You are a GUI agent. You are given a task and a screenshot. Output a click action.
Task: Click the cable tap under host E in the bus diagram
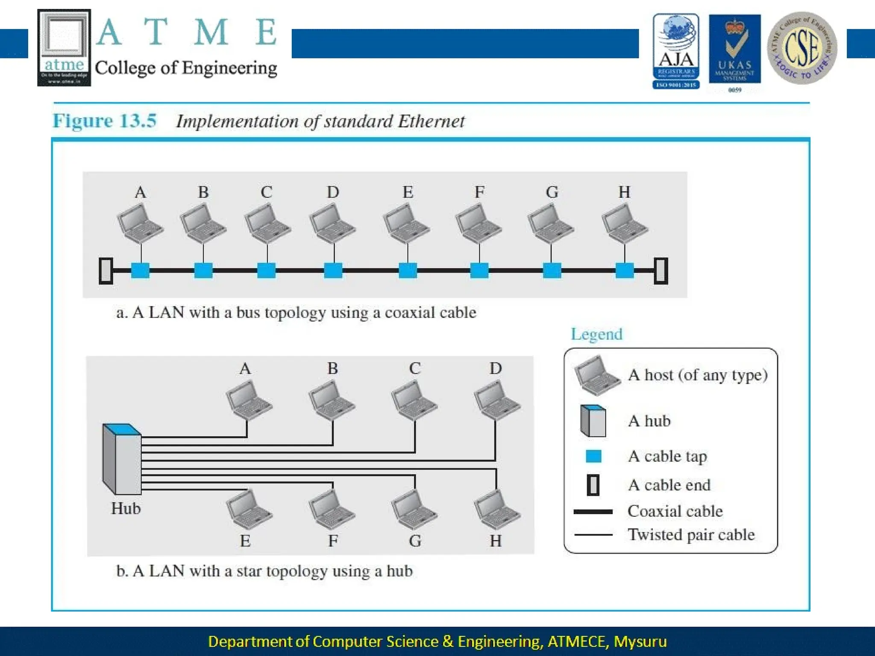click(408, 270)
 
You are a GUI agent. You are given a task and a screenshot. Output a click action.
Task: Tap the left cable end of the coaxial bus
click(106, 271)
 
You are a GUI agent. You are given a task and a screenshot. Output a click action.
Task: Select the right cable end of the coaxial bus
click(661, 271)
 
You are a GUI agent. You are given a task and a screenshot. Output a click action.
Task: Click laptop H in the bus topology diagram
click(624, 223)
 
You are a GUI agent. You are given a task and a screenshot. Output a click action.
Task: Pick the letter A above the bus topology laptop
click(140, 192)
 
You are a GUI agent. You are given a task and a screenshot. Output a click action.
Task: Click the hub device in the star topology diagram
click(122, 459)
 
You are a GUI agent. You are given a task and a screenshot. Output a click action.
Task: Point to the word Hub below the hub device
click(126, 509)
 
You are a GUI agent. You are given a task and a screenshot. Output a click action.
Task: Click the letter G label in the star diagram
click(415, 541)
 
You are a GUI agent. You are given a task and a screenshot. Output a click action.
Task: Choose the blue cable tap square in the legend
click(593, 456)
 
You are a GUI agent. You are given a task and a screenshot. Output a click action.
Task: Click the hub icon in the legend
click(593, 421)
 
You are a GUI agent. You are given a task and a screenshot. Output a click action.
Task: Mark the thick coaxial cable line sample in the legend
click(593, 512)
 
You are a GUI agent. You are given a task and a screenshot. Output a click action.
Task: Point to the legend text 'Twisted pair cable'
click(691, 535)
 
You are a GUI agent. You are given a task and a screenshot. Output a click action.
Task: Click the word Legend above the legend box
click(596, 334)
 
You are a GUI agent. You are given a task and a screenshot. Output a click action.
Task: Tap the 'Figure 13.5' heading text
click(105, 121)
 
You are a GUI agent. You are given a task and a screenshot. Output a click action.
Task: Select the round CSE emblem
click(802, 48)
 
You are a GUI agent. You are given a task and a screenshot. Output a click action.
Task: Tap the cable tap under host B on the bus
click(203, 270)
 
